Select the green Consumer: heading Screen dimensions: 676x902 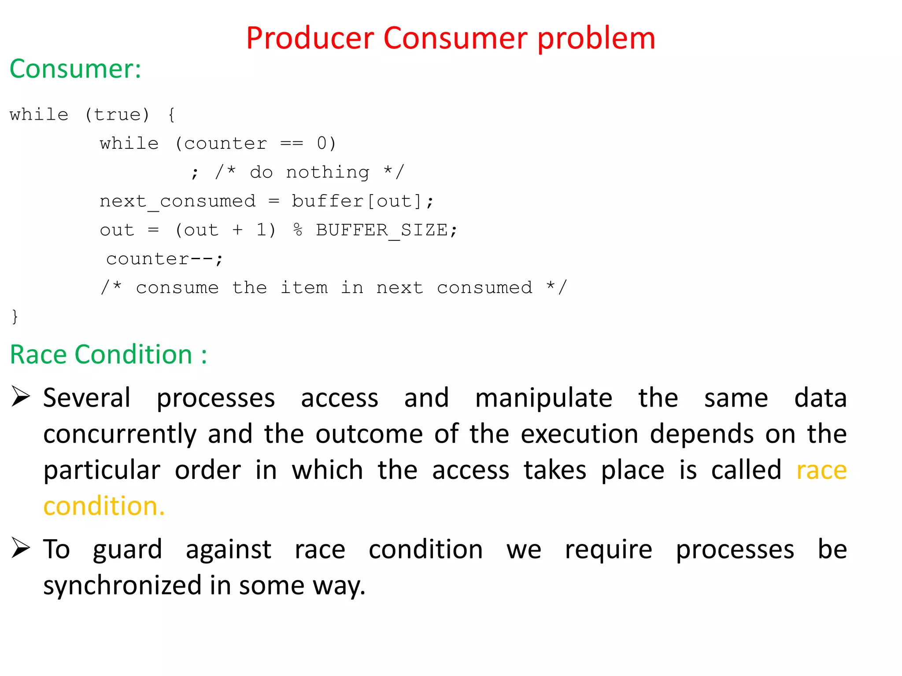(x=75, y=69)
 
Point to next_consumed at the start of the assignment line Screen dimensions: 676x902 (x=177, y=202)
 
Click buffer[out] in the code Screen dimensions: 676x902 (x=357, y=202)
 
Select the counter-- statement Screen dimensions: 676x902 (x=164, y=259)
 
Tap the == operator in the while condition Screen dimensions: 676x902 (x=292, y=144)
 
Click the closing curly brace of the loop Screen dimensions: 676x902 (x=15, y=316)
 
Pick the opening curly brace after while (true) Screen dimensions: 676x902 (x=172, y=115)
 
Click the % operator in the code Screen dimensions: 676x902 (x=298, y=230)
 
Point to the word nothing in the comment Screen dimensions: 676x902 (x=328, y=173)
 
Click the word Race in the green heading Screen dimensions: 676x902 (x=38, y=355)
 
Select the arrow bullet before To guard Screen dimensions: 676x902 (x=21, y=548)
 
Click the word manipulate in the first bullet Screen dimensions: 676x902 (x=543, y=399)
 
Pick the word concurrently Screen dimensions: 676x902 (x=120, y=435)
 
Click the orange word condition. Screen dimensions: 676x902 (x=104, y=507)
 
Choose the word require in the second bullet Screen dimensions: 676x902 (x=608, y=550)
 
